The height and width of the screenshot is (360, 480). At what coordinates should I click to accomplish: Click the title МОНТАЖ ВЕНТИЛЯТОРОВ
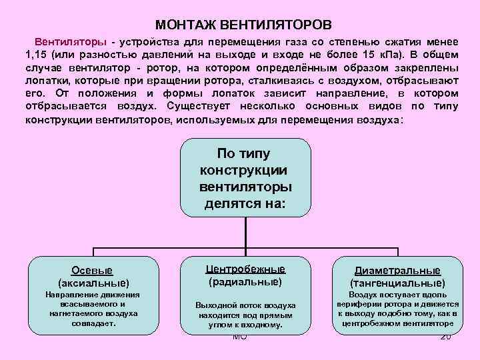pos(239,25)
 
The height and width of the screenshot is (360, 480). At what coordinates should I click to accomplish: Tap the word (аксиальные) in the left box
pos(93,283)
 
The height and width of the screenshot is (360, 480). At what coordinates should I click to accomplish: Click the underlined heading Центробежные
pos(245,269)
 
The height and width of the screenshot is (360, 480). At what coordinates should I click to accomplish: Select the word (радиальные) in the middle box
pos(245,281)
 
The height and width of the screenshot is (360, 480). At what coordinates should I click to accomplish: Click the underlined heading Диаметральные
pos(397,271)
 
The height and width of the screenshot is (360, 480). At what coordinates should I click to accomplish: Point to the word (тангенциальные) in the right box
pos(397,283)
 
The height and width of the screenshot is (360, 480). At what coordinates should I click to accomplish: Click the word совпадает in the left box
pos(93,323)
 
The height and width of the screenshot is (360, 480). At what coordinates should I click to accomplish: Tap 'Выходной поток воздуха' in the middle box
pos(245,305)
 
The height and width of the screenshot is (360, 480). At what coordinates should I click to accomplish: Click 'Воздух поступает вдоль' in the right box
pos(397,294)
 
